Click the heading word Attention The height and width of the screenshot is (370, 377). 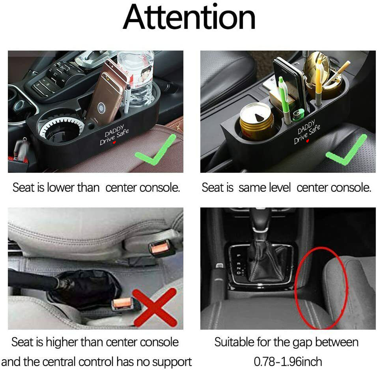pyautogui.click(x=189, y=17)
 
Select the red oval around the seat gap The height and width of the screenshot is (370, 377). pyautogui.click(x=320, y=287)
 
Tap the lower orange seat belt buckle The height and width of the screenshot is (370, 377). pyautogui.click(x=123, y=303)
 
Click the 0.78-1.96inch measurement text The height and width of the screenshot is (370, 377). pyautogui.click(x=288, y=362)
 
